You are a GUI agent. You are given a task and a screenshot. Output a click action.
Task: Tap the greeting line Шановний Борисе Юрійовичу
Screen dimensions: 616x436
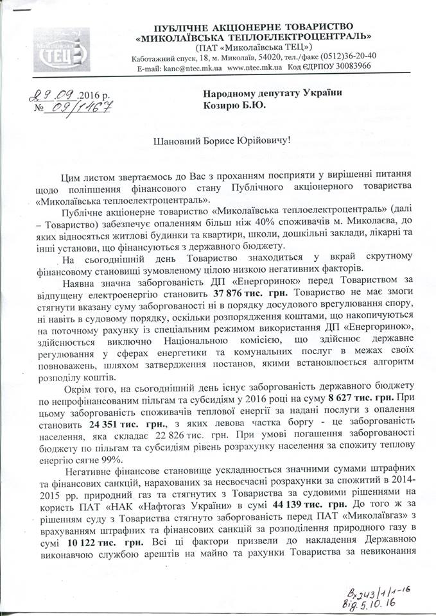218,141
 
